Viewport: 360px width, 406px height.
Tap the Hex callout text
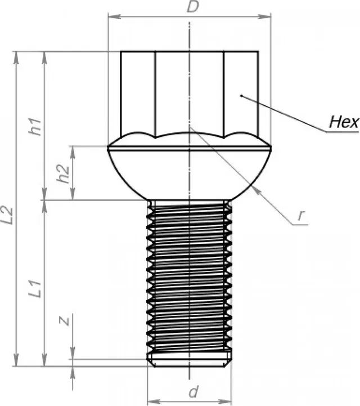click(343, 122)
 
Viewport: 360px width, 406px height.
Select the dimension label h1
click(36, 127)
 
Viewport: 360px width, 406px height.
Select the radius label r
click(301, 214)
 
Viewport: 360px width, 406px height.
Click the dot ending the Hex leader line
click(241, 96)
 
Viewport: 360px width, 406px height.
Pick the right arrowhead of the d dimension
click(228, 400)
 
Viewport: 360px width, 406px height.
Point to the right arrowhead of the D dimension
click(268, 16)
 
